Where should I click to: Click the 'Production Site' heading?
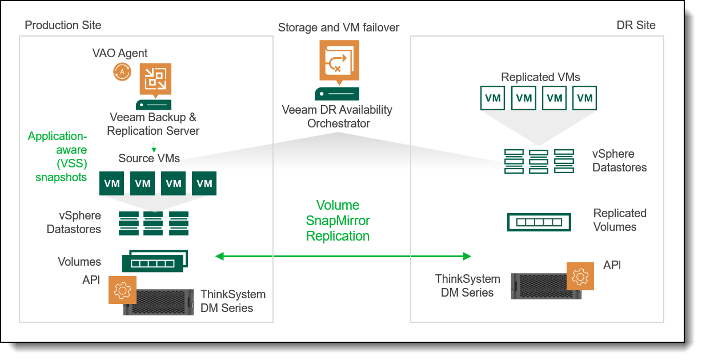(63, 25)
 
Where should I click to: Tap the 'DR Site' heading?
(636, 25)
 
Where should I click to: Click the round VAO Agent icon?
(122, 72)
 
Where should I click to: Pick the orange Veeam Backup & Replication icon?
(155, 80)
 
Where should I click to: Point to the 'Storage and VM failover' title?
(339, 27)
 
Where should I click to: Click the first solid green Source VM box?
(111, 183)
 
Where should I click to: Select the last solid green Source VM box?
(204, 183)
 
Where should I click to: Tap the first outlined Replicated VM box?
(492, 98)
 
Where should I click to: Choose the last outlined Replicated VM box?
(584, 98)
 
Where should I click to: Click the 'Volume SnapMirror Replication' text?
(338, 221)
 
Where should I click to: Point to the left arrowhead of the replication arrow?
(219, 256)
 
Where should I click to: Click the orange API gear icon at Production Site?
(123, 290)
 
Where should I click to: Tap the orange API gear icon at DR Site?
(580, 276)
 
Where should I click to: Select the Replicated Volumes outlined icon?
(539, 222)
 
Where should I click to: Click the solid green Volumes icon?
(155, 261)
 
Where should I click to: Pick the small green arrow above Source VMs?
(154, 147)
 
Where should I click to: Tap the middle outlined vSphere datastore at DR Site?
(539, 162)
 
